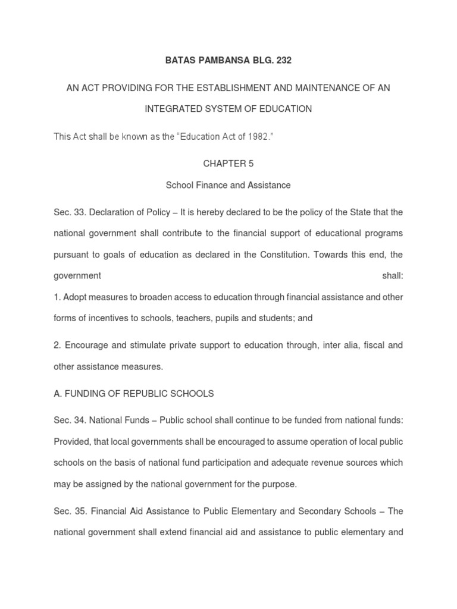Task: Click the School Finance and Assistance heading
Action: (x=228, y=185)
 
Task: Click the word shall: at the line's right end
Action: (x=392, y=276)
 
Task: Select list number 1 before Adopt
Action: (x=57, y=297)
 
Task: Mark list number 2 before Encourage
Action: (x=57, y=345)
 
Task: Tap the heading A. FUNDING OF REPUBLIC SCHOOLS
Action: (x=134, y=394)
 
